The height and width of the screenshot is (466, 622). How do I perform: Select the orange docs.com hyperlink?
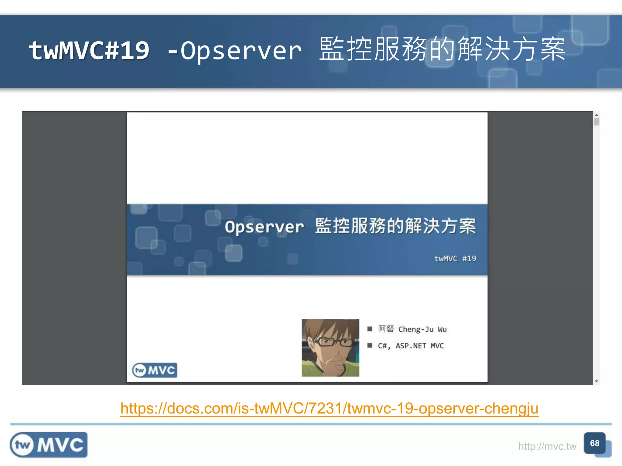click(x=329, y=408)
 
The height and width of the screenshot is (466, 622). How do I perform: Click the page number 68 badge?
click(x=594, y=443)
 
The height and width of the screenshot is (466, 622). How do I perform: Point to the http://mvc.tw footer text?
click(x=547, y=446)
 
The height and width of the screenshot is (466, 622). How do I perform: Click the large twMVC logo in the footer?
click(x=49, y=445)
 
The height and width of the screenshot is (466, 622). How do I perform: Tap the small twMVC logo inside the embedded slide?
click(x=155, y=370)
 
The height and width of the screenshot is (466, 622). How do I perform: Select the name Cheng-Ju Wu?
click(x=422, y=329)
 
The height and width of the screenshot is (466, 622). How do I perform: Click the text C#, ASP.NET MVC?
click(x=411, y=346)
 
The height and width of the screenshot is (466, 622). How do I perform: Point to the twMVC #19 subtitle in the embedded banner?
click(x=455, y=258)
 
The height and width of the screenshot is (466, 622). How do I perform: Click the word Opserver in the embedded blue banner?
click(x=264, y=227)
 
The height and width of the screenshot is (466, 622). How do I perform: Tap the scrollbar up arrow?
click(x=596, y=115)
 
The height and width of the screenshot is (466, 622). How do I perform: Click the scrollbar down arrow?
click(x=596, y=381)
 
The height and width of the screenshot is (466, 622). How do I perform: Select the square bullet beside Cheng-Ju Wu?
click(x=370, y=329)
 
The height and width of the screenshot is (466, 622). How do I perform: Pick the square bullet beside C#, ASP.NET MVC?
click(x=370, y=346)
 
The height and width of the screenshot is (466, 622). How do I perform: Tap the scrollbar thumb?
click(x=596, y=122)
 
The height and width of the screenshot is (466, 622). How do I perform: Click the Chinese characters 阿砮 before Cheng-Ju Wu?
click(x=386, y=329)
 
